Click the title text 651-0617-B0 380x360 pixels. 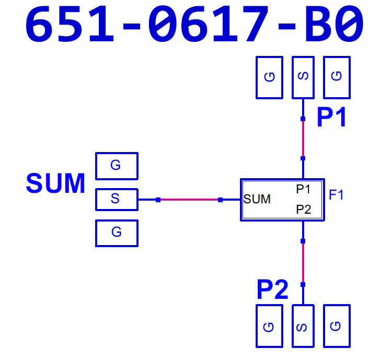tap(194, 24)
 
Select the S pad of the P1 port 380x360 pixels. tap(303, 77)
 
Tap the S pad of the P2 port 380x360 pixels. tap(303, 326)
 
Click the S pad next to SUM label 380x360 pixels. tap(117, 200)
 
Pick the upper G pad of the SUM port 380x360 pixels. tap(117, 166)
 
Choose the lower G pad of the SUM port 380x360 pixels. tap(117, 234)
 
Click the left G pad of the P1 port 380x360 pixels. tap(270, 77)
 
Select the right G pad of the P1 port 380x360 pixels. tap(337, 77)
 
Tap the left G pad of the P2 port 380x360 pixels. tap(270, 326)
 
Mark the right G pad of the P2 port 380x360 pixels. tap(337, 326)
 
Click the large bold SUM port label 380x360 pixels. tap(55, 183)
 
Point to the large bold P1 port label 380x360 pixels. tap(331, 117)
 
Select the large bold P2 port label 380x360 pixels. tap(272, 289)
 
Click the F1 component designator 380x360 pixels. tap(336, 194)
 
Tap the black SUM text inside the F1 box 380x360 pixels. tap(257, 199)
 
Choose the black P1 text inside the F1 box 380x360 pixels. tap(303, 189)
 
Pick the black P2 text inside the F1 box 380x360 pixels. tap(303, 210)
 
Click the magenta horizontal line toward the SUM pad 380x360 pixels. tap(189, 200)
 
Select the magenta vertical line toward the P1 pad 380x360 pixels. tap(303, 138)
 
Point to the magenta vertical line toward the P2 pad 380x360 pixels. tap(303, 263)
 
